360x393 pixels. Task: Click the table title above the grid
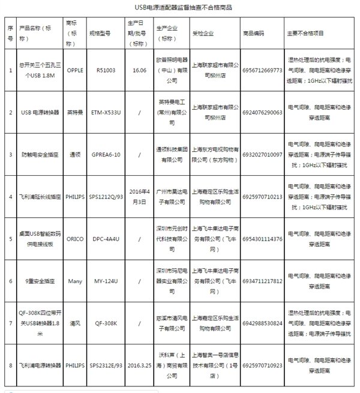(x=180, y=8)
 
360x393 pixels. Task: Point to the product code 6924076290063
(x=263, y=112)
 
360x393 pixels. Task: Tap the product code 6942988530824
(x=263, y=323)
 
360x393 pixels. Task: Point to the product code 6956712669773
(x=263, y=69)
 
